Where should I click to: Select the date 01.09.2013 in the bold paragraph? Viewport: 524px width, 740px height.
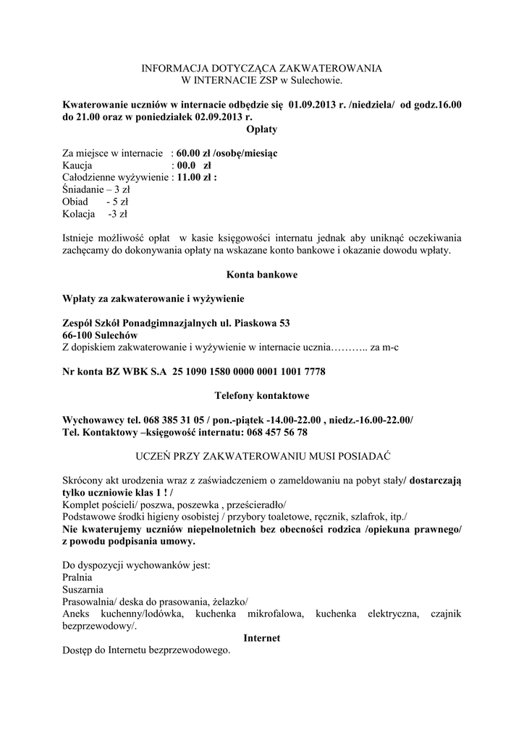pos(318,105)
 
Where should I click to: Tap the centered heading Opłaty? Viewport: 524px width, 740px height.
pos(261,129)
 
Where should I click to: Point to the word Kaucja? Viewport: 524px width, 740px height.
pos(77,165)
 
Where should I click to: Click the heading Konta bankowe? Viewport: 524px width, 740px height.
pos(261,275)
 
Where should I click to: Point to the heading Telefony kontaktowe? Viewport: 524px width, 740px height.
pos(261,396)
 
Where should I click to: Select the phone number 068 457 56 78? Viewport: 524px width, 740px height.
pos(273,432)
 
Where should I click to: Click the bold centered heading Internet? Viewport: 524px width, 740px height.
pos(261,639)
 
